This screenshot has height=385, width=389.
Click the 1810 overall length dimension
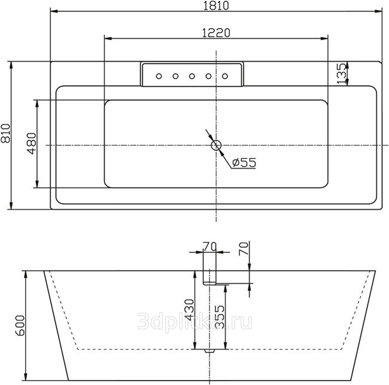tap(216, 6)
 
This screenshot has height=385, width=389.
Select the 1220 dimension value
tap(216, 33)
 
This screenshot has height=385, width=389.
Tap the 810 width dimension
tap(6, 133)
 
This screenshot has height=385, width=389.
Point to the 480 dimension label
tap(32, 143)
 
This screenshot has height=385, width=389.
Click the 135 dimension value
tap(342, 74)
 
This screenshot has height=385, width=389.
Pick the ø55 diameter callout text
tap(244, 163)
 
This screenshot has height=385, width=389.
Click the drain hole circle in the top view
tap(216, 145)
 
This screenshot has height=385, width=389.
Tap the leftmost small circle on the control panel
tap(159, 76)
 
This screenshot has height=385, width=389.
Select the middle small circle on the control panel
tap(192, 76)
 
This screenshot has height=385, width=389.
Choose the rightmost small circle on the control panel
tap(225, 76)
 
